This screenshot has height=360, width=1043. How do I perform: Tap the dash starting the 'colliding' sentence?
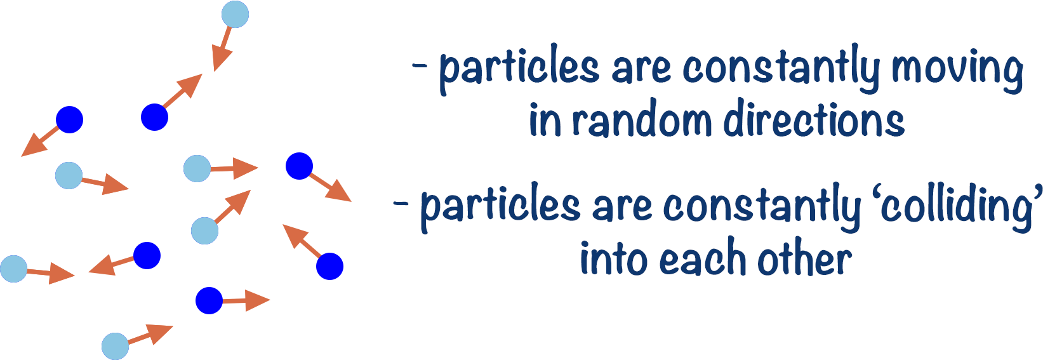coord(401,204)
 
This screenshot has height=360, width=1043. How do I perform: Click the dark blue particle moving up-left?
coord(329,266)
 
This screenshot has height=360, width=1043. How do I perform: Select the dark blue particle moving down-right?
coord(299,166)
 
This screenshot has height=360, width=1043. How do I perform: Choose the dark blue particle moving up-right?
coord(154,117)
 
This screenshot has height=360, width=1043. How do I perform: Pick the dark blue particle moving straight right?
coord(209,301)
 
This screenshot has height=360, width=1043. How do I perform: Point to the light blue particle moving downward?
coord(235,15)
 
